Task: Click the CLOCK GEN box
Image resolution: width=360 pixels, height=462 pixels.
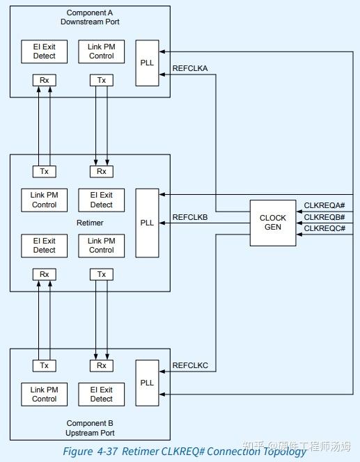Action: [273, 223]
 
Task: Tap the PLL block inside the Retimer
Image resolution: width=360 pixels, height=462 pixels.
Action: [147, 223]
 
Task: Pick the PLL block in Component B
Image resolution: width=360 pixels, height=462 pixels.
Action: [147, 383]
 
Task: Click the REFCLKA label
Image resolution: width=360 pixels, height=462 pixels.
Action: [189, 68]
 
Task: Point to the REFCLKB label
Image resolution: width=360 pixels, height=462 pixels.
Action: [189, 218]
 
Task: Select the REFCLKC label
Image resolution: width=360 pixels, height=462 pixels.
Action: [189, 365]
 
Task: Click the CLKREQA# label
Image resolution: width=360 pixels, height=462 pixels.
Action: [324, 205]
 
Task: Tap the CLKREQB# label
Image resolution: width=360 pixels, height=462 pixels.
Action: [324, 217]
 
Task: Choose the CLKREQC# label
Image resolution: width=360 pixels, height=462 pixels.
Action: [324, 228]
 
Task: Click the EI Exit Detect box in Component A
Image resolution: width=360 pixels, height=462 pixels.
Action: [44, 51]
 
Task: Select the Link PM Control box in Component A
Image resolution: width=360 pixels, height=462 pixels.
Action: [101, 51]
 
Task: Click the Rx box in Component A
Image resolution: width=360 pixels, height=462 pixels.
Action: [44, 80]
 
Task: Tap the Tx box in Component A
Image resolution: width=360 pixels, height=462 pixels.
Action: [101, 80]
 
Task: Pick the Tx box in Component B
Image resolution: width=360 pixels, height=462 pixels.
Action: [44, 365]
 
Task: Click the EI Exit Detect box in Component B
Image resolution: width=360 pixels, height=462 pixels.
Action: [101, 394]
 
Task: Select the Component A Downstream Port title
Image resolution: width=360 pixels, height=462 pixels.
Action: [90, 17]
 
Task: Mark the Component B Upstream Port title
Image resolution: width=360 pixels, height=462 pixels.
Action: [90, 427]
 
